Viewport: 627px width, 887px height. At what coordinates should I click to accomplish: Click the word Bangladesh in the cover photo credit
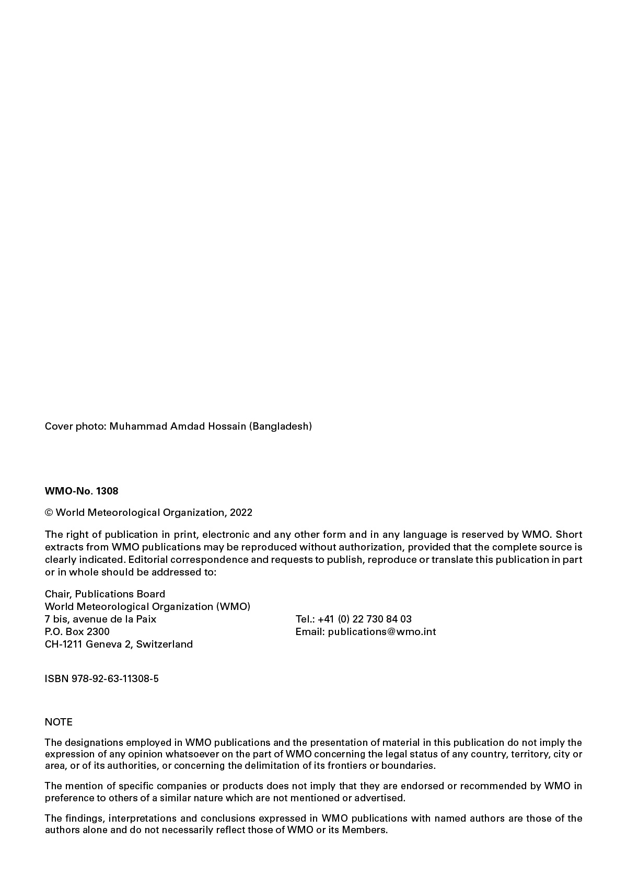[x=281, y=426]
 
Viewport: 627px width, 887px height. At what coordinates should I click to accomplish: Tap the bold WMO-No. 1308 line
[x=82, y=491]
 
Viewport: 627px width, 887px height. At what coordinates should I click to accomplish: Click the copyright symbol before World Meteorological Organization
[x=49, y=512]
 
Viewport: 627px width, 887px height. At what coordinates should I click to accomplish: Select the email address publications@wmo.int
[x=382, y=631]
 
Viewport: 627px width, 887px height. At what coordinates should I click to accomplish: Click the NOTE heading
[x=59, y=722]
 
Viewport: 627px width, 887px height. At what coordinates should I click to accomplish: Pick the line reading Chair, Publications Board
[x=105, y=594]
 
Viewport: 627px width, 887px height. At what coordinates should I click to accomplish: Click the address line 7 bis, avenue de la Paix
[x=100, y=619]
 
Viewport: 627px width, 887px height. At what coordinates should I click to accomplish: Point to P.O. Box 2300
[x=77, y=631]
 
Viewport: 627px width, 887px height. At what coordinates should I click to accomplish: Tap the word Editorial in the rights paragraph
[x=147, y=559]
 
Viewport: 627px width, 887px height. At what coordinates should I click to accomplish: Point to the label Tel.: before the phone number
[x=304, y=619]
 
